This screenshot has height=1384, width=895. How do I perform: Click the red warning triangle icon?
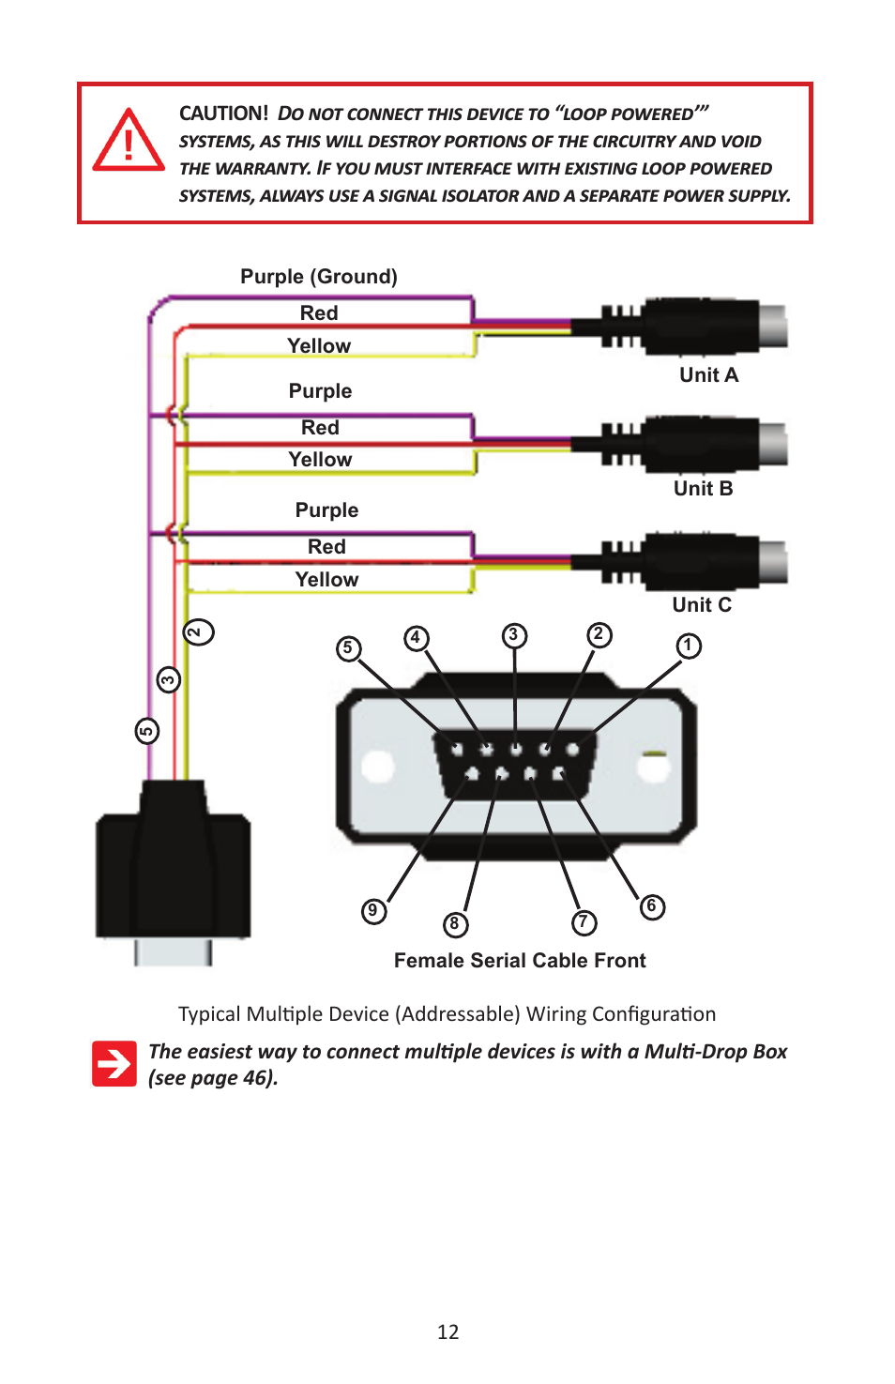(129, 142)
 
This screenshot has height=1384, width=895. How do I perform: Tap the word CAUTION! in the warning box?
(223, 114)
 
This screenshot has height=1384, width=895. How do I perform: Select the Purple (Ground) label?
(318, 277)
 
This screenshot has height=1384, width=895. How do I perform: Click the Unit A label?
(708, 375)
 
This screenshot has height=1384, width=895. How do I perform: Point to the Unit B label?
(703, 489)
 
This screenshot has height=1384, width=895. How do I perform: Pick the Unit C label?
(701, 605)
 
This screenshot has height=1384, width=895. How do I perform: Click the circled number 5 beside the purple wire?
(147, 731)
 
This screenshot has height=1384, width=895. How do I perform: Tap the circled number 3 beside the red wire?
(169, 679)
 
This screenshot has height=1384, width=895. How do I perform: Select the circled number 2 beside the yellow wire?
(198, 631)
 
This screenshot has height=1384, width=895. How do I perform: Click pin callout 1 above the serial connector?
(689, 646)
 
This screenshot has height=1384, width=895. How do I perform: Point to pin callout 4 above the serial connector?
(417, 638)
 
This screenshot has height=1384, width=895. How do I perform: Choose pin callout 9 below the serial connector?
(373, 910)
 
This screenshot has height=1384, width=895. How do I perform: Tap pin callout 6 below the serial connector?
(652, 906)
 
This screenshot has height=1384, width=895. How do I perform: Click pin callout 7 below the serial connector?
(584, 922)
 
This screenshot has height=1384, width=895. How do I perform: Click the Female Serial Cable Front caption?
(520, 961)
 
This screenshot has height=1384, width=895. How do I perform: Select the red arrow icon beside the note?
(114, 1063)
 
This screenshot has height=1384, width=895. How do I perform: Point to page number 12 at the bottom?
(447, 1332)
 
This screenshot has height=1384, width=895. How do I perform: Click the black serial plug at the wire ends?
(173, 868)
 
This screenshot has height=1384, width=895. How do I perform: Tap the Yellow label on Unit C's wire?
(326, 580)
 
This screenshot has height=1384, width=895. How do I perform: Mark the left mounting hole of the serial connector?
(377, 766)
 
